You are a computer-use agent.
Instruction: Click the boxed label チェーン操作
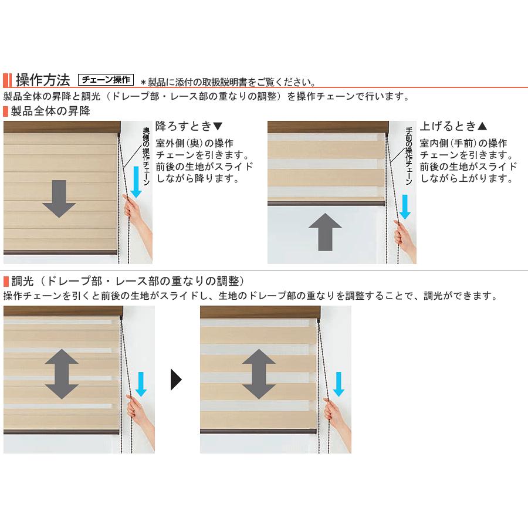tap(106, 80)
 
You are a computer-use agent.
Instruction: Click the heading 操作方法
tap(43, 80)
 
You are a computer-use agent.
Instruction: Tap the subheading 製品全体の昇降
tap(50, 111)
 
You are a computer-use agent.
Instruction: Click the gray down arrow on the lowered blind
tap(59, 199)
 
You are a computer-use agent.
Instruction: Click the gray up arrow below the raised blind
tap(325, 232)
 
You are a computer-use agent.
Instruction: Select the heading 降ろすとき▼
tap(189, 126)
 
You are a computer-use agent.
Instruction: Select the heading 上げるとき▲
tap(453, 126)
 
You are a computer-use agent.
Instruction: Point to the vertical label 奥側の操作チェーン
tap(146, 156)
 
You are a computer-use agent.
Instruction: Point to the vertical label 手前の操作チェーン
tap(408, 156)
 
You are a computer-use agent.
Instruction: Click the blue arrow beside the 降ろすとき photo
tap(136, 182)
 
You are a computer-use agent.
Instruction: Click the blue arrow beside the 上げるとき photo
tap(405, 207)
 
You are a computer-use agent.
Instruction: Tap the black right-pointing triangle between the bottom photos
tap(176, 380)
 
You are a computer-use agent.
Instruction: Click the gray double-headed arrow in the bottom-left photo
tap(62, 374)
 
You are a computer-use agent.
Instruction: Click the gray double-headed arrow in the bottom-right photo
tap(259, 374)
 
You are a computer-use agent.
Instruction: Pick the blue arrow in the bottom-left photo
tap(141, 384)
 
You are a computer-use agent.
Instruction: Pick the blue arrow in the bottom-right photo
tap(339, 384)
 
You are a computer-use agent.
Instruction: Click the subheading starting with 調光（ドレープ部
tap(127, 281)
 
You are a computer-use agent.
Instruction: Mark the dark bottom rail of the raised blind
tap(326, 203)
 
